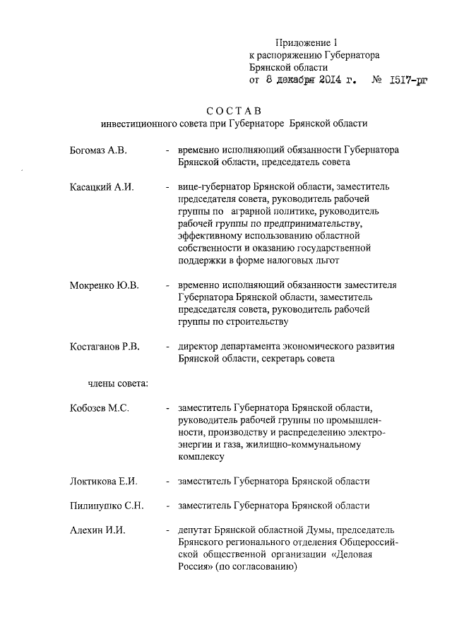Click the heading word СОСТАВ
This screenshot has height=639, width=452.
click(234, 110)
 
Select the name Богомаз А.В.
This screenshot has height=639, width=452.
click(98, 150)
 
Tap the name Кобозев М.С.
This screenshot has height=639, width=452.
click(101, 407)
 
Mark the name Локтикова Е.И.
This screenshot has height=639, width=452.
click(103, 482)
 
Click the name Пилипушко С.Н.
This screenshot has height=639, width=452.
click(107, 506)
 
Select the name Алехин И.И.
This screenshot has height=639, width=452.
click(97, 530)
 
